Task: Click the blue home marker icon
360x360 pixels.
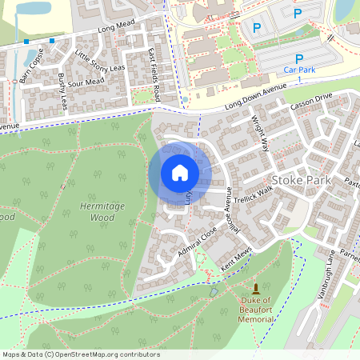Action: [180, 173]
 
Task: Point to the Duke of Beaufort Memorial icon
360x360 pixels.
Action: [256, 288]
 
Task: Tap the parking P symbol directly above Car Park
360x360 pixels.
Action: [299, 58]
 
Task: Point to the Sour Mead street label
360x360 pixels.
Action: [87, 82]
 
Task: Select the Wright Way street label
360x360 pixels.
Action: [261, 131]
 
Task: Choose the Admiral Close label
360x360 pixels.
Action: [198, 245]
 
